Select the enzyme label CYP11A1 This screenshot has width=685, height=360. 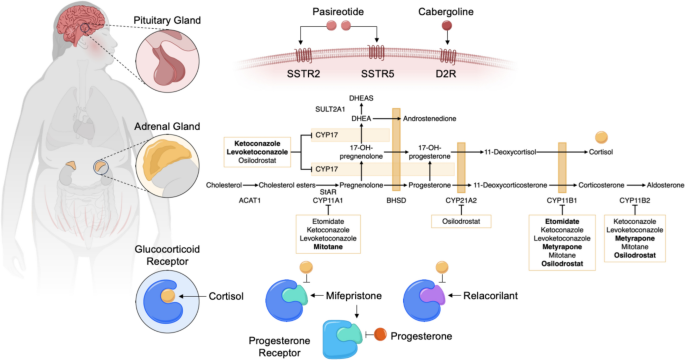tap(322, 202)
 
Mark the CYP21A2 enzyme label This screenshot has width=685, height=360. tap(460, 202)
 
